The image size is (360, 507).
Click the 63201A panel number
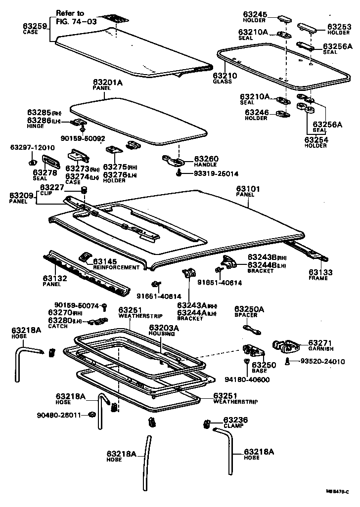[x=107, y=82]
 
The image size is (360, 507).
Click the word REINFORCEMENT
[x=116, y=267]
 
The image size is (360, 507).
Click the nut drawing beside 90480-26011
[x=92, y=414]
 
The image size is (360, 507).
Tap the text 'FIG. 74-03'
[x=76, y=22]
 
